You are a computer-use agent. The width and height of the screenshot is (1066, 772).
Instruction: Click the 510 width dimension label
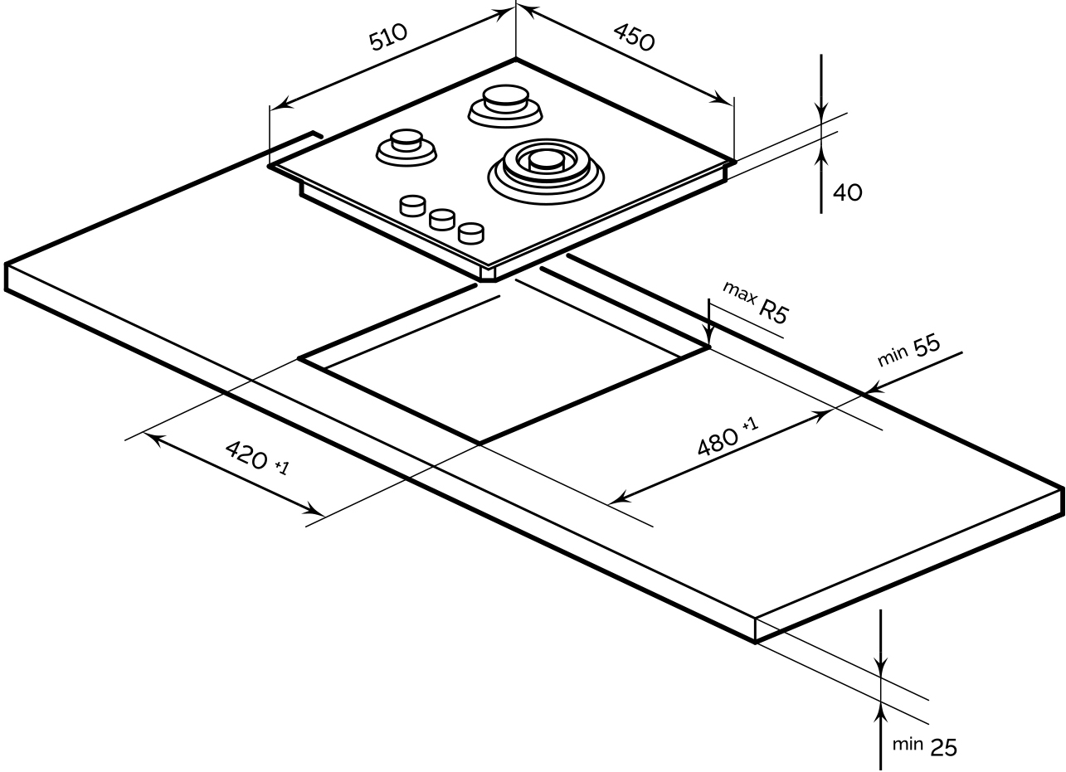(x=389, y=38)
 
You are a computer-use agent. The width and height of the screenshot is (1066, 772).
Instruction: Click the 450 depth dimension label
(x=635, y=36)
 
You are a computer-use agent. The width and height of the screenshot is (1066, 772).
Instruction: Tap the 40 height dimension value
(x=847, y=192)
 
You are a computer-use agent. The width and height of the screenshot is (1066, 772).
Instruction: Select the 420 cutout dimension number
(x=246, y=454)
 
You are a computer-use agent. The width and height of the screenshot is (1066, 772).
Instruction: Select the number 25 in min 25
(x=942, y=747)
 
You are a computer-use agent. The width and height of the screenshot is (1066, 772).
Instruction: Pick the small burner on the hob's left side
(x=406, y=146)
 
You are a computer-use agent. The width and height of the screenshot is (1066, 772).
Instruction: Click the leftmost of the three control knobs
(x=412, y=206)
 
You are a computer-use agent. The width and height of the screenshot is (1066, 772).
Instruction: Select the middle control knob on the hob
(x=441, y=219)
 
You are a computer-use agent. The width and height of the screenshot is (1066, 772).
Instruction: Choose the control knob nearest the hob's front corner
(x=470, y=233)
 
